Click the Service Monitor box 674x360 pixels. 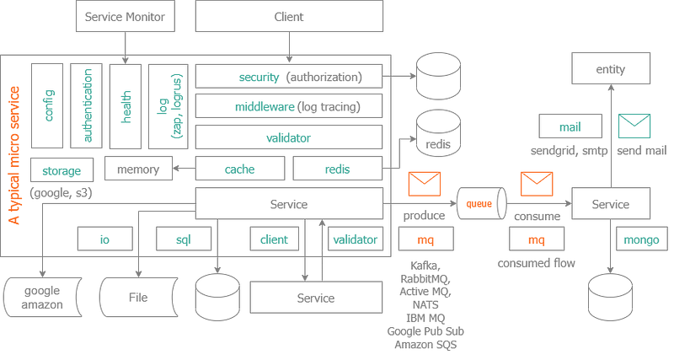pos(126,16)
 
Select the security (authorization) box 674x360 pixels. pos(289,77)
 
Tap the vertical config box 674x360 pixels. pos(47,105)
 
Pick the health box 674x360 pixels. pos(126,106)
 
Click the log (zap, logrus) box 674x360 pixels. pos(168,106)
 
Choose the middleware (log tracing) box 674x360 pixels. pos(289,106)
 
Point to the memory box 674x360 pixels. pos(138,169)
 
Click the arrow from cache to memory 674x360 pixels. pos(184,168)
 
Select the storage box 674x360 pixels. pos(62,170)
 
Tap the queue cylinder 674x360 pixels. pos(481,203)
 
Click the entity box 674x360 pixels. pos(611,68)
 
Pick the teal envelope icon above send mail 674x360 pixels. pos(634,126)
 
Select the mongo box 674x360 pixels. pos(642,239)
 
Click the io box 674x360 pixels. pos(104,239)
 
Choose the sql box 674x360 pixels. pos(184,239)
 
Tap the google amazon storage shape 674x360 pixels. pos(42,298)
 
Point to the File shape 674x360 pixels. pos(138,298)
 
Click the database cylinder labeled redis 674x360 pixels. pos(438,133)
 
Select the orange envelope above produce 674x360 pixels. pos(425,184)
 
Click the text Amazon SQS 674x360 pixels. pos(425,345)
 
